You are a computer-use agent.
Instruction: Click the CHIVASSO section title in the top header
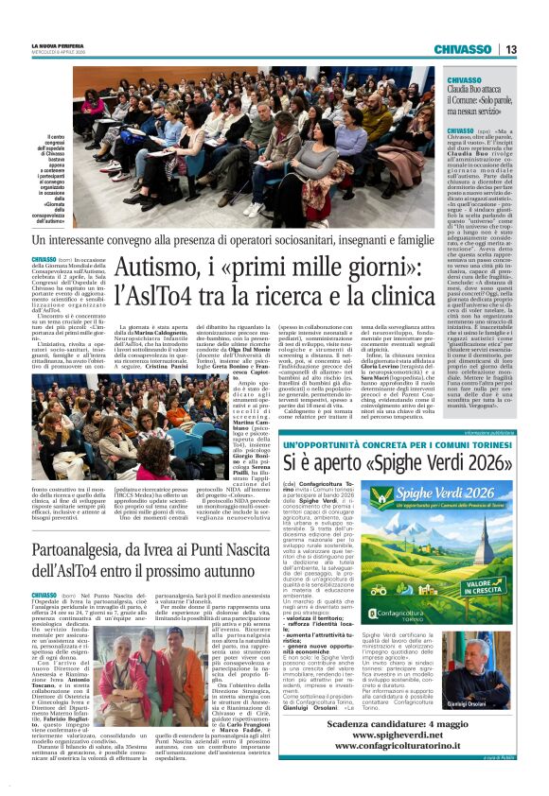[463, 49]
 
